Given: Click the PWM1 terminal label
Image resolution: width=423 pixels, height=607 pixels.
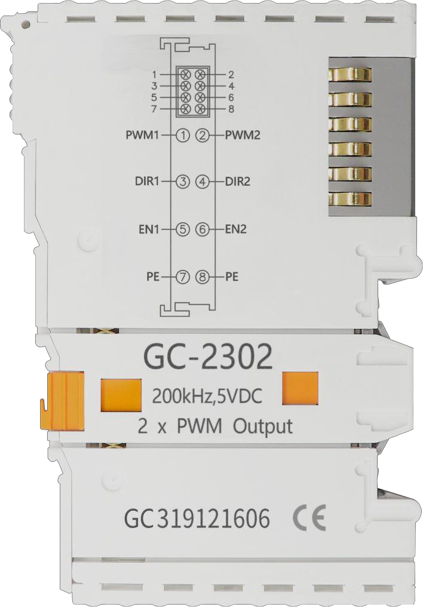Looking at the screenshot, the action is coord(143,136).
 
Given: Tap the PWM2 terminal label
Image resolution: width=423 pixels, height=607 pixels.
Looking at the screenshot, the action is coord(243,136).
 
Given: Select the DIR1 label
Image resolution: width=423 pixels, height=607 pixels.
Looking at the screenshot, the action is coord(147,181).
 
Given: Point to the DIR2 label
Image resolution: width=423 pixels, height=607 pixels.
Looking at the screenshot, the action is coord(238,181).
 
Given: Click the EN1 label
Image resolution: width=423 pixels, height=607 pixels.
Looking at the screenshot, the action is coord(150,229).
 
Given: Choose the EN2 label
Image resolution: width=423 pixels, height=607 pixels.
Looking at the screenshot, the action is coord(235,229).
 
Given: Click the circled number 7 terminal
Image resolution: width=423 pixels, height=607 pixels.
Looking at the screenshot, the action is coord(183,277).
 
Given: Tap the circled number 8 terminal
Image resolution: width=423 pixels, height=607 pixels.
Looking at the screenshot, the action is coord(203,277).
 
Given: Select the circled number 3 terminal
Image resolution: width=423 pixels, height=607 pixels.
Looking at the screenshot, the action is coord(183,181).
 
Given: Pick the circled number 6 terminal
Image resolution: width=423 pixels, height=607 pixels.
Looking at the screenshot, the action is coord(203,229).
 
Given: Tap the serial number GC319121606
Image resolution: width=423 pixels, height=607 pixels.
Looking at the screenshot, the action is coord(197,519).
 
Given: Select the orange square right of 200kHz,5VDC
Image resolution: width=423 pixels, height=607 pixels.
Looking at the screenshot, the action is coord(301,388).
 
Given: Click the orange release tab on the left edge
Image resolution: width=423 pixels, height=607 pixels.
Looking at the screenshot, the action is coord(62,401).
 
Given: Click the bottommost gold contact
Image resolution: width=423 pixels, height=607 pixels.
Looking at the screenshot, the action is coord(350,199).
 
